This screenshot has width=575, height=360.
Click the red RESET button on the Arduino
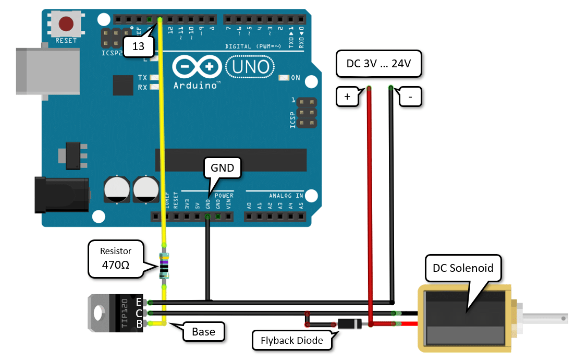[66, 23]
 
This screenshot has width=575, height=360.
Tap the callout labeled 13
[138, 46]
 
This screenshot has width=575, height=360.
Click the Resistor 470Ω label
[116, 259]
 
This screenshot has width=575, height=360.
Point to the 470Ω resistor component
[164, 265]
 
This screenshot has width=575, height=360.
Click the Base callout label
[203, 331]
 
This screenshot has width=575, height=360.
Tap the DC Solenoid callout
[463, 269]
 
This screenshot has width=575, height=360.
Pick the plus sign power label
[347, 97]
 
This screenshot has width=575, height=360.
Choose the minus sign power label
[410, 97]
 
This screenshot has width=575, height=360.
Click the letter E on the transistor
[139, 302]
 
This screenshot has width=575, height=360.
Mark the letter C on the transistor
[139, 313]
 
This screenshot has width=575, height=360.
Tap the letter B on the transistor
[139, 324]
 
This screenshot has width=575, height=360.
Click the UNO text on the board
[249, 67]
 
